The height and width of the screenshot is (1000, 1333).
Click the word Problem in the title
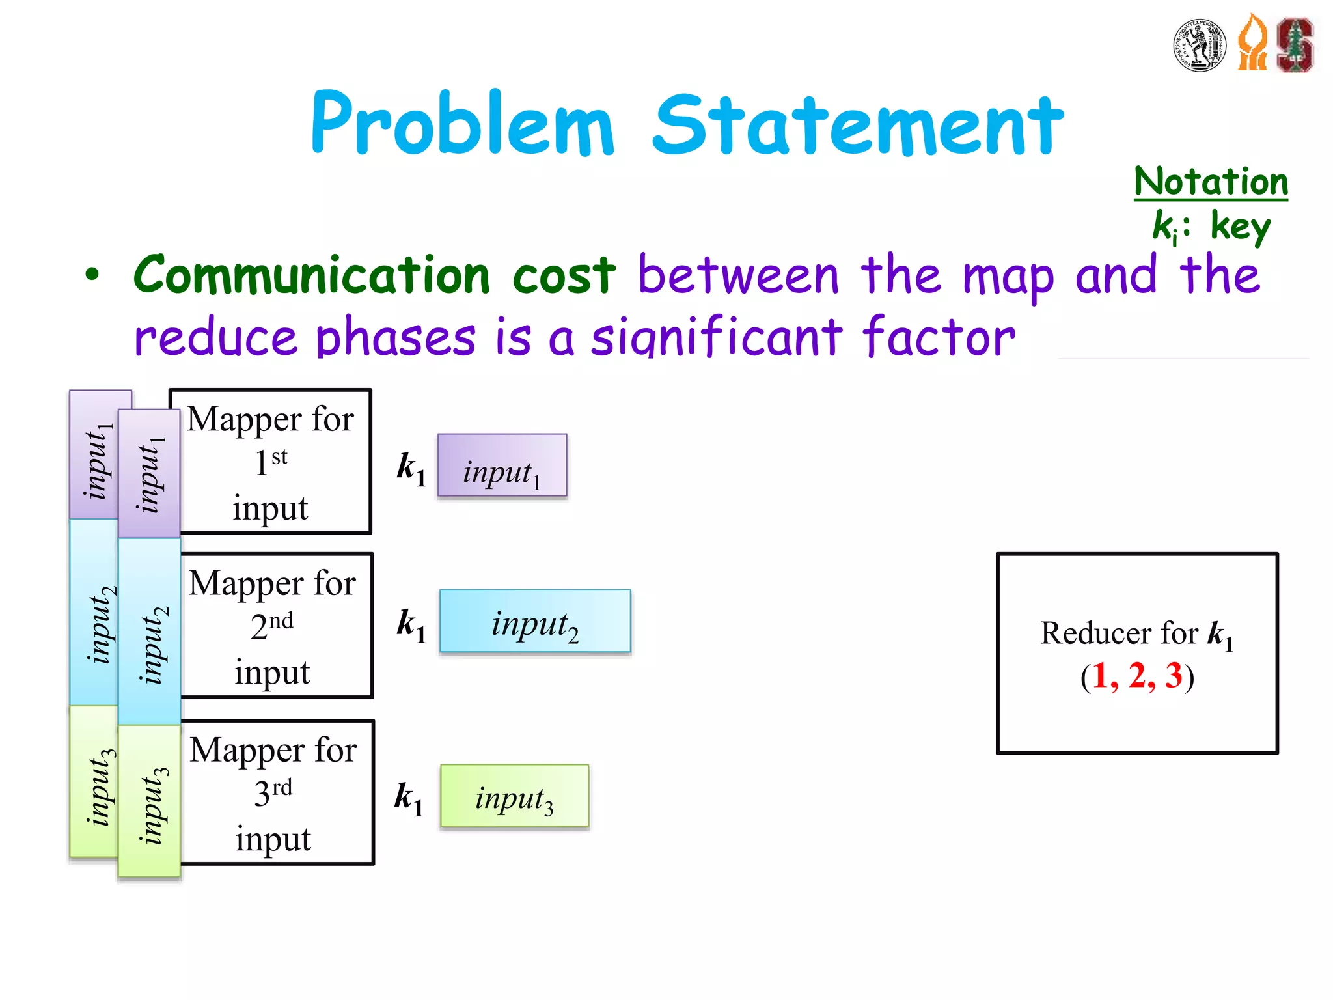(462, 124)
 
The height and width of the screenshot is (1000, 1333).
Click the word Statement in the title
(858, 125)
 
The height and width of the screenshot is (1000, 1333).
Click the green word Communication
(311, 275)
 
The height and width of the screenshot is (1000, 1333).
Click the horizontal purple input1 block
(502, 465)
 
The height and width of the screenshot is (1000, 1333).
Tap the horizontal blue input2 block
(535, 621)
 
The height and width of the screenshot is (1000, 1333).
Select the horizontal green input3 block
(514, 796)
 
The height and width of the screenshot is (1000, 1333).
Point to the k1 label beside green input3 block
(409, 798)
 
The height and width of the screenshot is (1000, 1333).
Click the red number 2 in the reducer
(1137, 675)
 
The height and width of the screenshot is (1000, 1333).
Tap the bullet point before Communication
(92, 275)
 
